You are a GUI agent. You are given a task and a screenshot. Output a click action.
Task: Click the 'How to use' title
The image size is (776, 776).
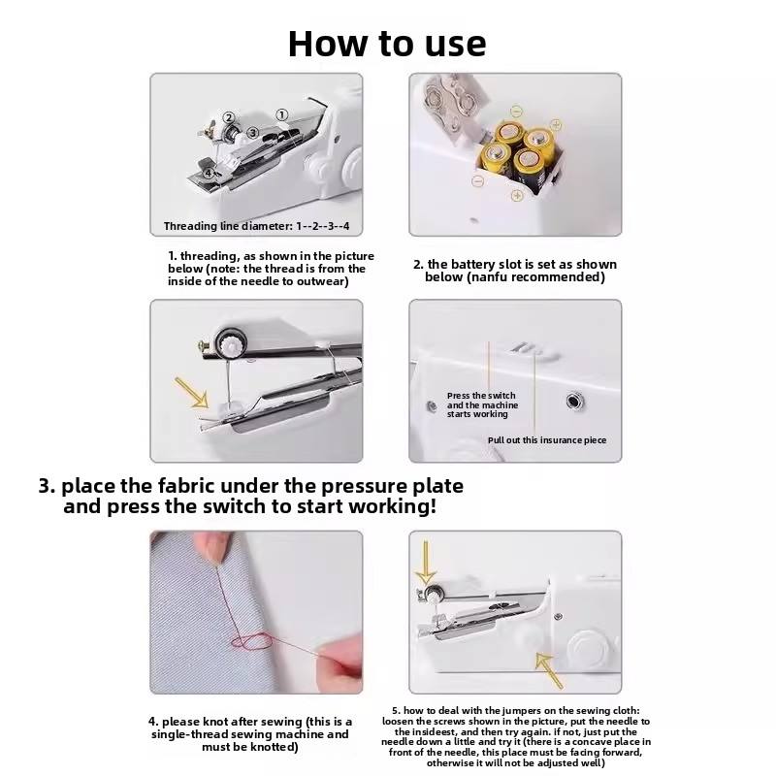coord(387,43)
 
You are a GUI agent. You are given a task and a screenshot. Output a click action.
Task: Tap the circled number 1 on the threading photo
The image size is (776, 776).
coord(282,114)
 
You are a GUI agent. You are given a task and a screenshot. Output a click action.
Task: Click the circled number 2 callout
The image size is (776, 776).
coord(230,118)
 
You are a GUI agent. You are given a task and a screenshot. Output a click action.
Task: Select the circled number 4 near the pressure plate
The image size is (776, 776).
coord(209,174)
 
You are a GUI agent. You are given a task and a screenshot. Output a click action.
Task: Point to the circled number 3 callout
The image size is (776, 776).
coord(252,132)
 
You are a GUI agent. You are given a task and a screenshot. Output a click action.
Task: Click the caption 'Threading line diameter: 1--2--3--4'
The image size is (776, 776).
coord(256,226)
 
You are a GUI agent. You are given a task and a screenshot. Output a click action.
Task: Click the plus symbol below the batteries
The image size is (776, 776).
coord(517,195)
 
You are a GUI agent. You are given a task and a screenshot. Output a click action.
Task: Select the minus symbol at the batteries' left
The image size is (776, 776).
coord(477,180)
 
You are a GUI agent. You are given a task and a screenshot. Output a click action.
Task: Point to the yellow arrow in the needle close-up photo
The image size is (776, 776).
coord(191,392)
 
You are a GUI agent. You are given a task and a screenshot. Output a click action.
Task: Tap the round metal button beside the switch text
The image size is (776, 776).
coord(572,400)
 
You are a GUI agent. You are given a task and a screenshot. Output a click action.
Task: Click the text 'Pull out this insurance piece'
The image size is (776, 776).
coord(547,440)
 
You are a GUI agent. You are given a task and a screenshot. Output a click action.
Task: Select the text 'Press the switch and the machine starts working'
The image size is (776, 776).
coord(482,404)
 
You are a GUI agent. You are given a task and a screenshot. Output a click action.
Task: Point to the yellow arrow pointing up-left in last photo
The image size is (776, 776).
coord(549,669)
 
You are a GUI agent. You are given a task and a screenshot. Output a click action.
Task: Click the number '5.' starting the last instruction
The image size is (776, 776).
coord(396,711)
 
